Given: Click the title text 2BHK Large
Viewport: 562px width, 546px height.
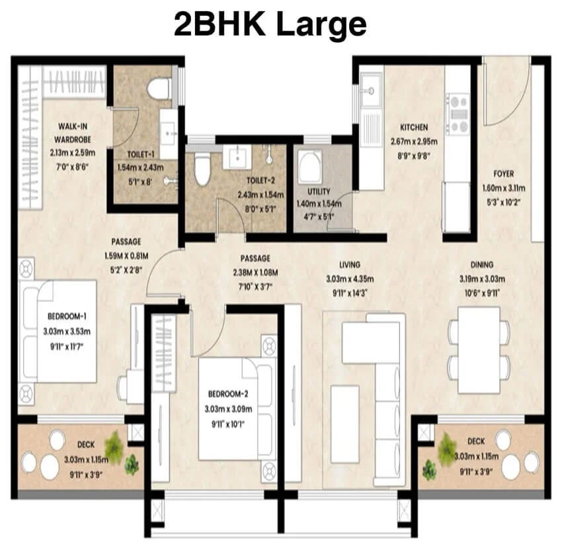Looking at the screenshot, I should click(x=270, y=24).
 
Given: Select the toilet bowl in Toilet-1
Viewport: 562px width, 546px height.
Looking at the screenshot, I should click(x=159, y=87).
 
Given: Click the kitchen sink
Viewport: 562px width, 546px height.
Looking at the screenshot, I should click(x=372, y=90).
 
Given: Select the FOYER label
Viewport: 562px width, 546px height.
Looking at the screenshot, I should click(x=504, y=174).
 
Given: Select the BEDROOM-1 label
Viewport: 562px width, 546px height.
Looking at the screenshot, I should click(x=69, y=316).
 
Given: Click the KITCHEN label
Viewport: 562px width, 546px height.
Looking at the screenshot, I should click(x=414, y=127).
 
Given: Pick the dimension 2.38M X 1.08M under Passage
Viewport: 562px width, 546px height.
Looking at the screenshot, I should click(x=256, y=271).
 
